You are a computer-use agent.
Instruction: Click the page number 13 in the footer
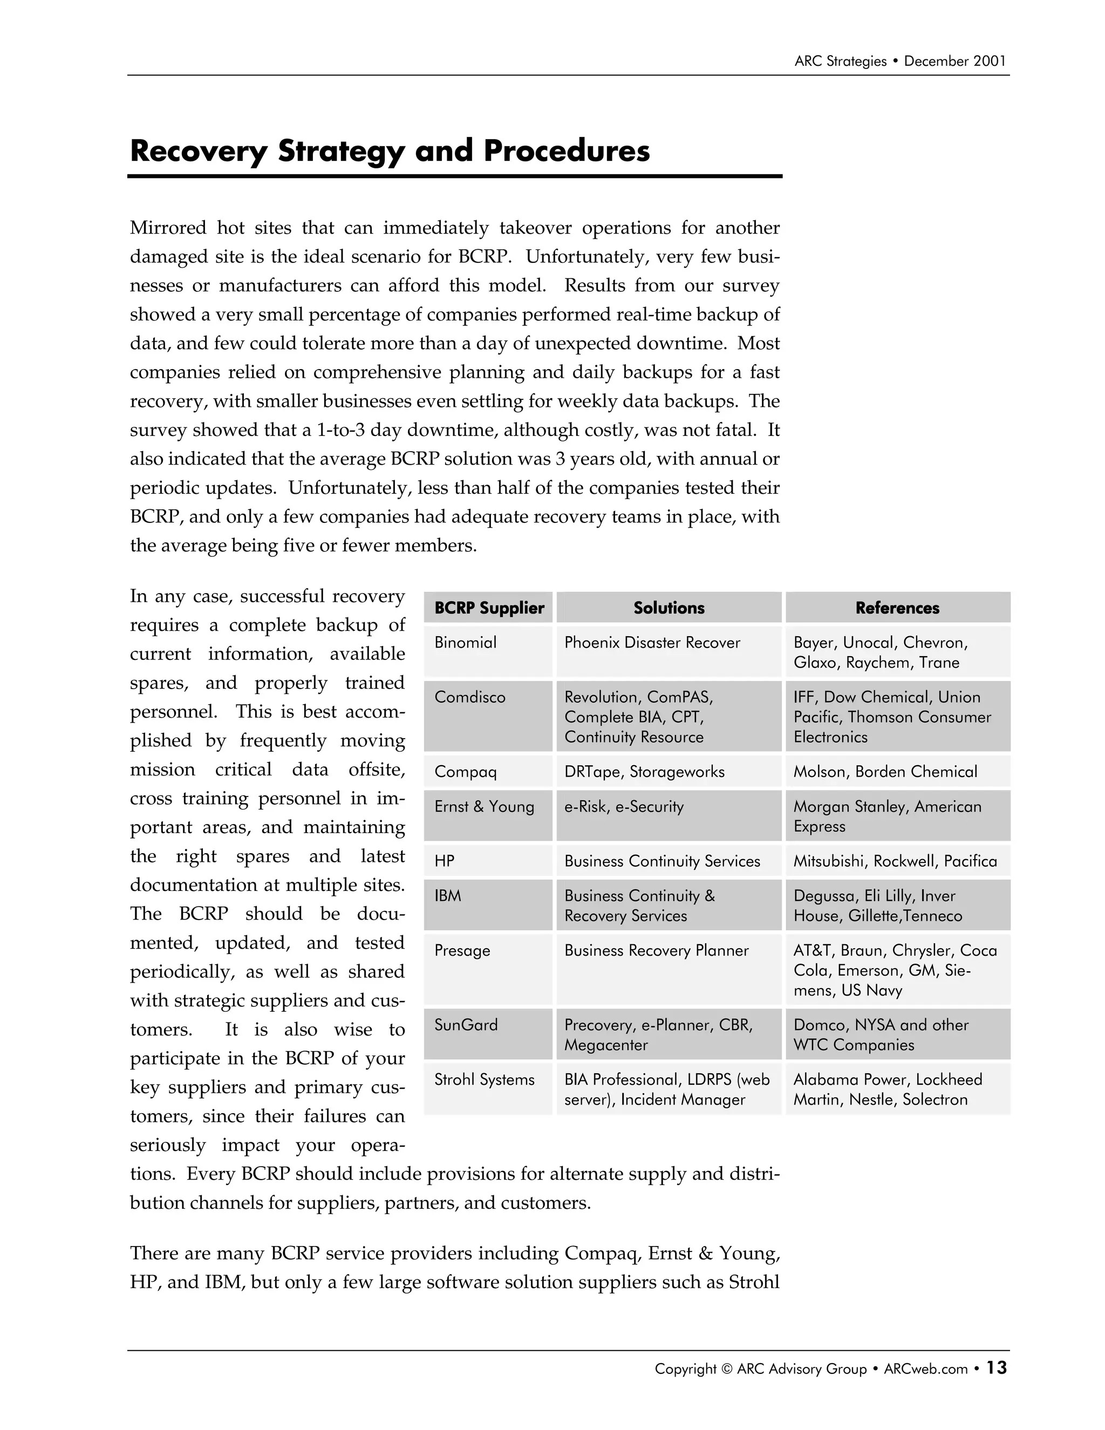click(997, 1368)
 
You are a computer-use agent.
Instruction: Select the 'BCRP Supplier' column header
click(489, 608)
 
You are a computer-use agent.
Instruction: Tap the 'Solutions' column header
click(669, 608)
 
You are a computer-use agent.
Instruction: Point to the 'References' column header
click(897, 608)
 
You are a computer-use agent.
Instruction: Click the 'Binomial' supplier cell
click(466, 642)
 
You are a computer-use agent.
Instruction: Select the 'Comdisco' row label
click(470, 697)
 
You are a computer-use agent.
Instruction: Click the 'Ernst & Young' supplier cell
click(484, 807)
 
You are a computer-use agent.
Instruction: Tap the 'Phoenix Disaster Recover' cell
click(652, 642)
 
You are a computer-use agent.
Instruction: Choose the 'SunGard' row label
click(466, 1025)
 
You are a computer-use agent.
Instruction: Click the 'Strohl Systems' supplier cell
click(484, 1079)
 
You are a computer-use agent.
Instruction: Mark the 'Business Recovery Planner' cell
click(656, 950)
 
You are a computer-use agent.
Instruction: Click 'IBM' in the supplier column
click(448, 896)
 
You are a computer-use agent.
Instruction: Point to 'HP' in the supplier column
click(444, 861)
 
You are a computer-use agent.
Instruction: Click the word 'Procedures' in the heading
click(566, 151)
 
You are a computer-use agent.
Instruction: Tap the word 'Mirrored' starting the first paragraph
click(168, 228)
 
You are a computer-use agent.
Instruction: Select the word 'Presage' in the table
click(462, 950)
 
